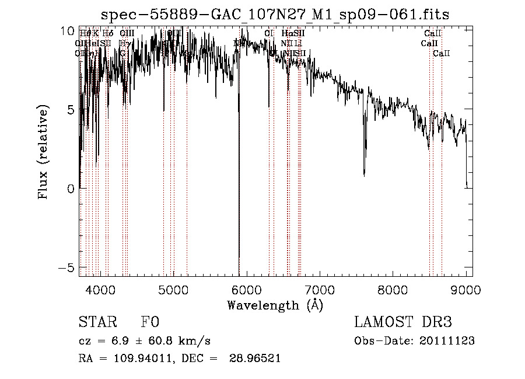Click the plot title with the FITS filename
(x=275, y=14)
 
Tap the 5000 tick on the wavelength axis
(x=173, y=290)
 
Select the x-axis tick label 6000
(x=247, y=290)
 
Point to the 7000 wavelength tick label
(x=320, y=290)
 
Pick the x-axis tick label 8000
(x=393, y=290)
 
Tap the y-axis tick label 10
(x=68, y=31)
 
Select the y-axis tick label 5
(x=70, y=110)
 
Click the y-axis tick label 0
(x=70, y=189)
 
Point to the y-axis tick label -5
(x=68, y=267)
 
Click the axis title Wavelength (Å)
(x=275, y=305)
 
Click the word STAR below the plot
(x=96, y=323)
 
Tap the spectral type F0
(x=150, y=323)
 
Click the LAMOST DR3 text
(x=403, y=323)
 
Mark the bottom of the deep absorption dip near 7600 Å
(x=365, y=175)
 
